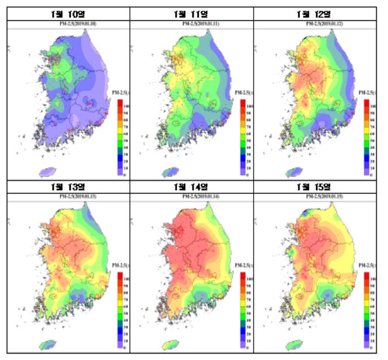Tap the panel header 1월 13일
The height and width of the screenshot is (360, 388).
coord(68,186)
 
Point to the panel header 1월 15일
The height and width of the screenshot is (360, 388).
coord(314,186)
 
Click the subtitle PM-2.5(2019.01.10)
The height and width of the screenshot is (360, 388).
coord(68,24)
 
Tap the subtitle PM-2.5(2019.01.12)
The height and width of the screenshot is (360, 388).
coord(314,24)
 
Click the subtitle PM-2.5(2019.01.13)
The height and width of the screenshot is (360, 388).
coord(68,196)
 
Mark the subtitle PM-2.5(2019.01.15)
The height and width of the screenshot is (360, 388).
coord(314,196)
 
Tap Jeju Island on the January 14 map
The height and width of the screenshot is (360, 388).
coord(170,344)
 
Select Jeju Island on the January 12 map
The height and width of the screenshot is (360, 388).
coord(293,172)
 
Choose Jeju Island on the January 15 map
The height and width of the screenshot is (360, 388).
coord(293,344)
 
